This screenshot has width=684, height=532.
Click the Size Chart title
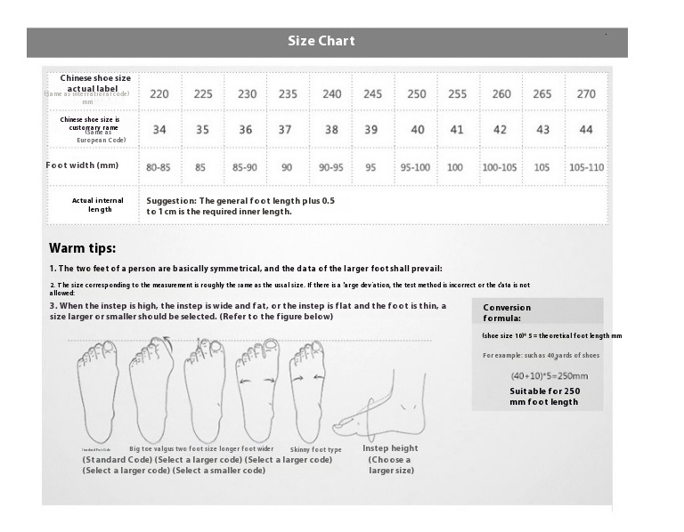point(321,41)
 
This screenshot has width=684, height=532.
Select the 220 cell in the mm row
point(159,94)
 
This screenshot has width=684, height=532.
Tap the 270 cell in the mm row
point(586,94)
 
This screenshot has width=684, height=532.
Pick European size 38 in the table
point(331,130)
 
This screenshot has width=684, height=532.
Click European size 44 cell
point(586,130)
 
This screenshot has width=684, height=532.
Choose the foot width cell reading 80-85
point(159,167)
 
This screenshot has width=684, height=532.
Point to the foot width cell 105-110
point(586,167)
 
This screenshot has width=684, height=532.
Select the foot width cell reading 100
point(455,167)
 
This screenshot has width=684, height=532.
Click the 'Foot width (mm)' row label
point(82,165)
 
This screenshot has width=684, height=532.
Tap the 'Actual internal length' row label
point(98,205)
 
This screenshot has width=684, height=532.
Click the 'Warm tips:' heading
point(82,248)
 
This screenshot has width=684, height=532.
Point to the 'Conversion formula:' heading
point(507,312)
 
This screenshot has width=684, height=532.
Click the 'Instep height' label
point(390,448)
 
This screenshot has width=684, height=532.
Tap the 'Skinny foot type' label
point(316,450)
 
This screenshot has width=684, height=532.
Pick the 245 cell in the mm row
point(373,94)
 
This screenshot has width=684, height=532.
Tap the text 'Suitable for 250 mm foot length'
point(544,396)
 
